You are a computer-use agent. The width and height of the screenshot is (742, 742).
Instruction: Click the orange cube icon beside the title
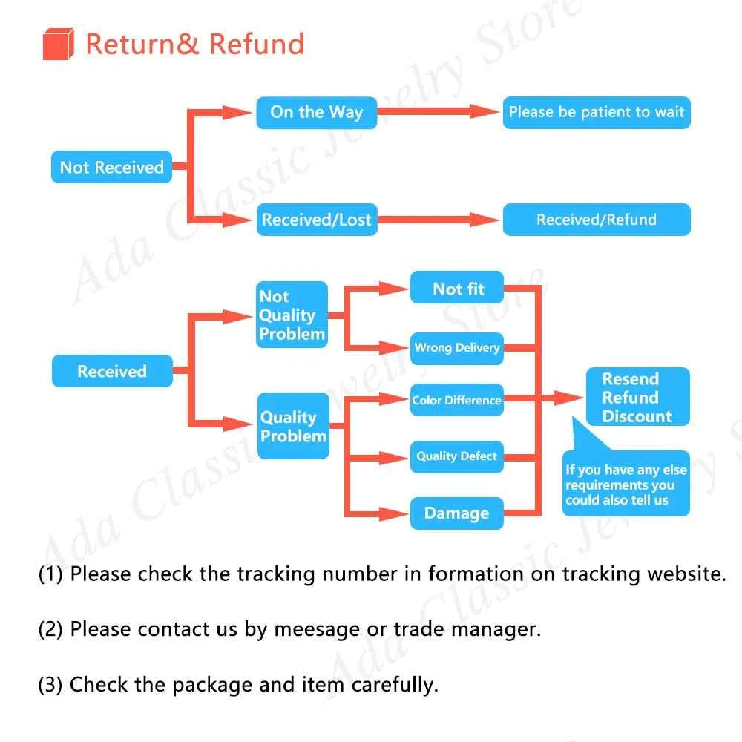tap(59, 44)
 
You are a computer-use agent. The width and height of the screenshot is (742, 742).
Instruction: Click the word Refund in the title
tap(257, 44)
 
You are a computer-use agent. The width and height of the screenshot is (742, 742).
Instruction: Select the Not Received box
tap(111, 167)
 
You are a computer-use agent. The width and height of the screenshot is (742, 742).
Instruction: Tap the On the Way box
tap(316, 113)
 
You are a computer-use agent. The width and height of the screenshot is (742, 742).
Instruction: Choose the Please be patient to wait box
tap(596, 113)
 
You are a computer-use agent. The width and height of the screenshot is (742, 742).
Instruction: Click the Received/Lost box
tap(316, 220)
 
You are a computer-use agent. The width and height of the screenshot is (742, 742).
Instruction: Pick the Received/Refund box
tap(596, 220)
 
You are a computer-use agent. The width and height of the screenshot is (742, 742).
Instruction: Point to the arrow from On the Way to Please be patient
tap(438, 112)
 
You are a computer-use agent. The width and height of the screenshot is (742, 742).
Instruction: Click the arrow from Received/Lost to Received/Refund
tap(438, 220)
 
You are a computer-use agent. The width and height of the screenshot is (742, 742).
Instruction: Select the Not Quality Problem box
tap(292, 315)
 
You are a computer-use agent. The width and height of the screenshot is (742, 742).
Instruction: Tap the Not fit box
tap(457, 289)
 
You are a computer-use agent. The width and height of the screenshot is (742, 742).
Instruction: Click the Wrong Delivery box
tap(457, 347)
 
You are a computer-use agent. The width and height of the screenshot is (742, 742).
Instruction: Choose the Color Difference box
tap(457, 400)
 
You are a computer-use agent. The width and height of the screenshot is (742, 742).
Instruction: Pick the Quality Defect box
tap(457, 456)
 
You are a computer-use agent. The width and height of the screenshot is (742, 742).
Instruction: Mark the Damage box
tap(457, 513)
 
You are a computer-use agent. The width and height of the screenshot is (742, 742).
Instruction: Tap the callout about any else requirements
tap(626, 485)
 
